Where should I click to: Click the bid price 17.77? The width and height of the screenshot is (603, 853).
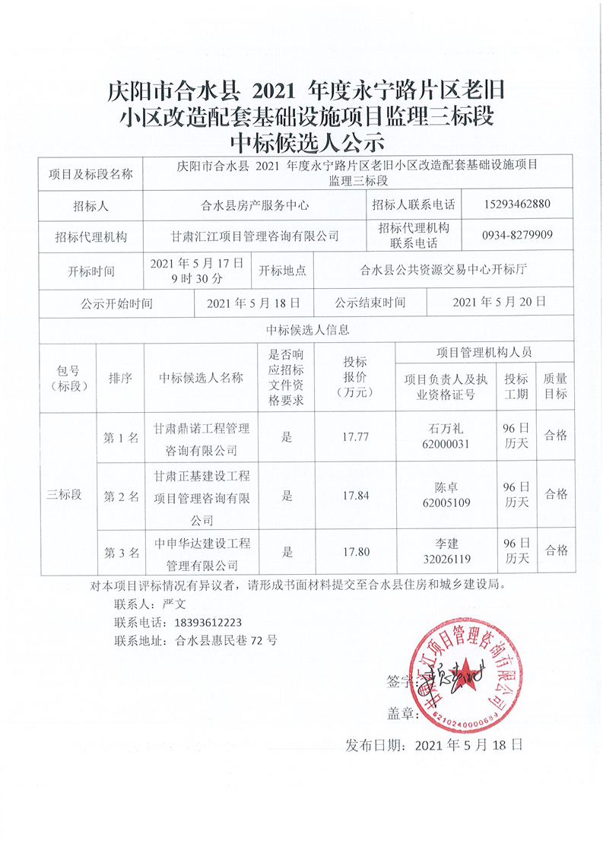point(355,436)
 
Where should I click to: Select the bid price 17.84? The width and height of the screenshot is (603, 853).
point(355,495)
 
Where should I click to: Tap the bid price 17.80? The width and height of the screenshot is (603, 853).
point(355,553)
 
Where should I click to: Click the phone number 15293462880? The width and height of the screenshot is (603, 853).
point(516,205)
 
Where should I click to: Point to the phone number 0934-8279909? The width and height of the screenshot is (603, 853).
point(516,235)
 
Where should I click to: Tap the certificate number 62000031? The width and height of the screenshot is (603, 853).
point(445,444)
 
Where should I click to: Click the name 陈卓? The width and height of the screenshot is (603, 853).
point(445,487)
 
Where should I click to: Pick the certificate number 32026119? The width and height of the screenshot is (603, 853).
point(445,560)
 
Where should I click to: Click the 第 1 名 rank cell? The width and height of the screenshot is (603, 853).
point(121,437)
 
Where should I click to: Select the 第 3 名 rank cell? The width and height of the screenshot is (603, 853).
point(121,553)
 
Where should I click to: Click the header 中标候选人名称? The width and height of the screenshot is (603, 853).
point(201,378)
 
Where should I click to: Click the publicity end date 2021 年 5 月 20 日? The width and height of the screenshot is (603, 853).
point(499,302)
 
